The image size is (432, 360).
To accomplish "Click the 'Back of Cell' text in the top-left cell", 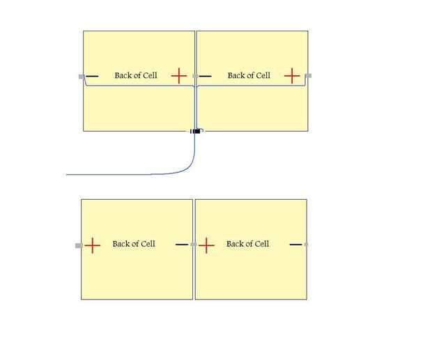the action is point(136,75).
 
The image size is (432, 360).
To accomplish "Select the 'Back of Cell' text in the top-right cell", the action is point(249,75).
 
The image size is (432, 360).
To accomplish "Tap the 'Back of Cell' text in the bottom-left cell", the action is point(134,244).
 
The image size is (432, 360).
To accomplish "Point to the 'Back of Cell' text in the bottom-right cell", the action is point(247,244).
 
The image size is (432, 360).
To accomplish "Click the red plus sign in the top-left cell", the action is point(179,75).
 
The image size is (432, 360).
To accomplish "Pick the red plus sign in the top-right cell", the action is point(292,75).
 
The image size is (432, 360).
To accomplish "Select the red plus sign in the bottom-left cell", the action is point(92,244).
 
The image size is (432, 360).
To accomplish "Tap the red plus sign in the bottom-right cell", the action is point(206,244).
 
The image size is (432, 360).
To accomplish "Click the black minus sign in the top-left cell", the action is point(92,76).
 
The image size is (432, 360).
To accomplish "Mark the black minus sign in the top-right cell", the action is point(206,76).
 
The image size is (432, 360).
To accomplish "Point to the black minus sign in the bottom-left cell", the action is point(182,244).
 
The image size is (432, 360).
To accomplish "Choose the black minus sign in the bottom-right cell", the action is point(295,244).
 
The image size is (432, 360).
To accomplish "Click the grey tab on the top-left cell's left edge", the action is point(82,76).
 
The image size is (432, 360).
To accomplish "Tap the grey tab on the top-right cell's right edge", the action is point(308,75).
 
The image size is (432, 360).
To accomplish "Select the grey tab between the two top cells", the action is point(196,76).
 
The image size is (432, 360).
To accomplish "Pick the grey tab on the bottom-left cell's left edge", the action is point(79,245).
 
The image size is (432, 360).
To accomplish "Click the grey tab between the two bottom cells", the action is point(193,244).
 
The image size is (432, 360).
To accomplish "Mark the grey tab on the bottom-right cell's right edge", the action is point(307,244).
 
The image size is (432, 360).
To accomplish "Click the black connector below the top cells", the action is point(196,131).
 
